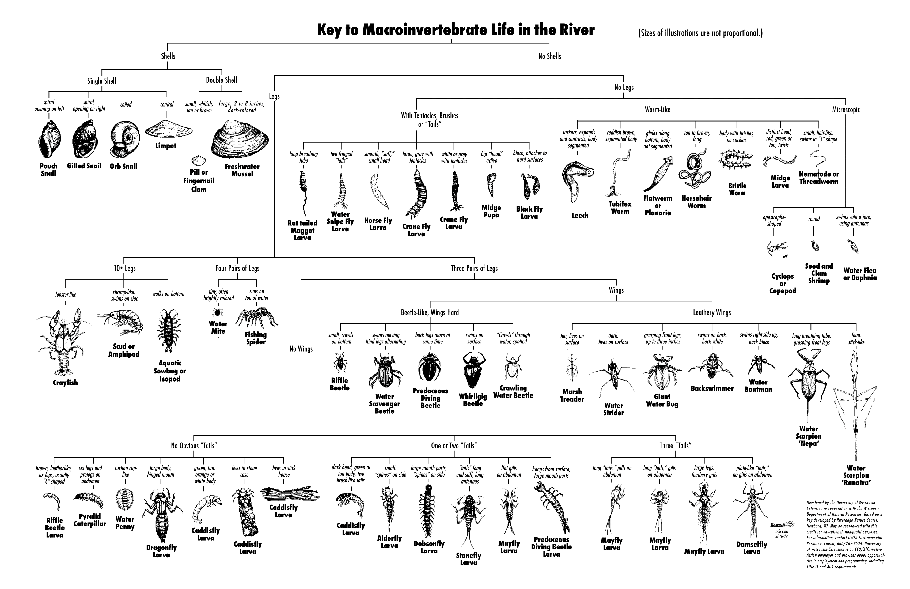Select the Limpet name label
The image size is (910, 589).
166,146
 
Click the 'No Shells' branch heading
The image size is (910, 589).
549,56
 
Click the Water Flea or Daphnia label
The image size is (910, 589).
859,274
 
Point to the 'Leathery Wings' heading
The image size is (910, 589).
712,312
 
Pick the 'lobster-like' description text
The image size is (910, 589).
66,294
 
